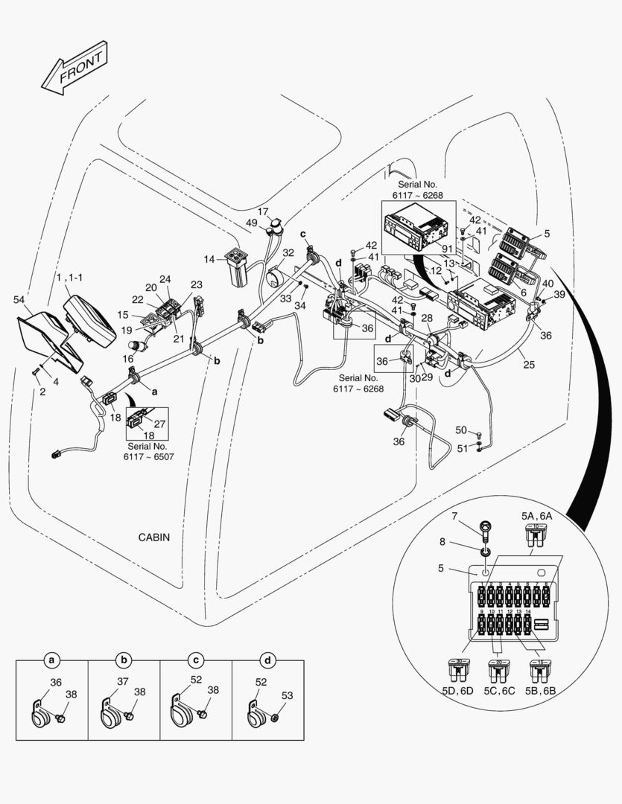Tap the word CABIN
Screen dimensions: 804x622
pyautogui.click(x=153, y=537)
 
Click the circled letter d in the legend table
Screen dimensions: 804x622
pyautogui.click(x=267, y=660)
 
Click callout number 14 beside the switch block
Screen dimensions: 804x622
pyautogui.click(x=210, y=259)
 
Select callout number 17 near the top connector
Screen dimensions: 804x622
pyautogui.click(x=263, y=211)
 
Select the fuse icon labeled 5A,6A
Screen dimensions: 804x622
pyautogui.click(x=533, y=534)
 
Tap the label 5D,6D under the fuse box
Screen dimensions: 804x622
pyautogui.click(x=456, y=690)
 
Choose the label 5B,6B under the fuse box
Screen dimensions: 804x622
pyautogui.click(x=540, y=690)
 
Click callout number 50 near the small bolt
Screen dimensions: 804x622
pyautogui.click(x=461, y=430)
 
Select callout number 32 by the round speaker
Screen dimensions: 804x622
pyautogui.click(x=288, y=252)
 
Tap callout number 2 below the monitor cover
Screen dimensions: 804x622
pyautogui.click(x=42, y=392)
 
